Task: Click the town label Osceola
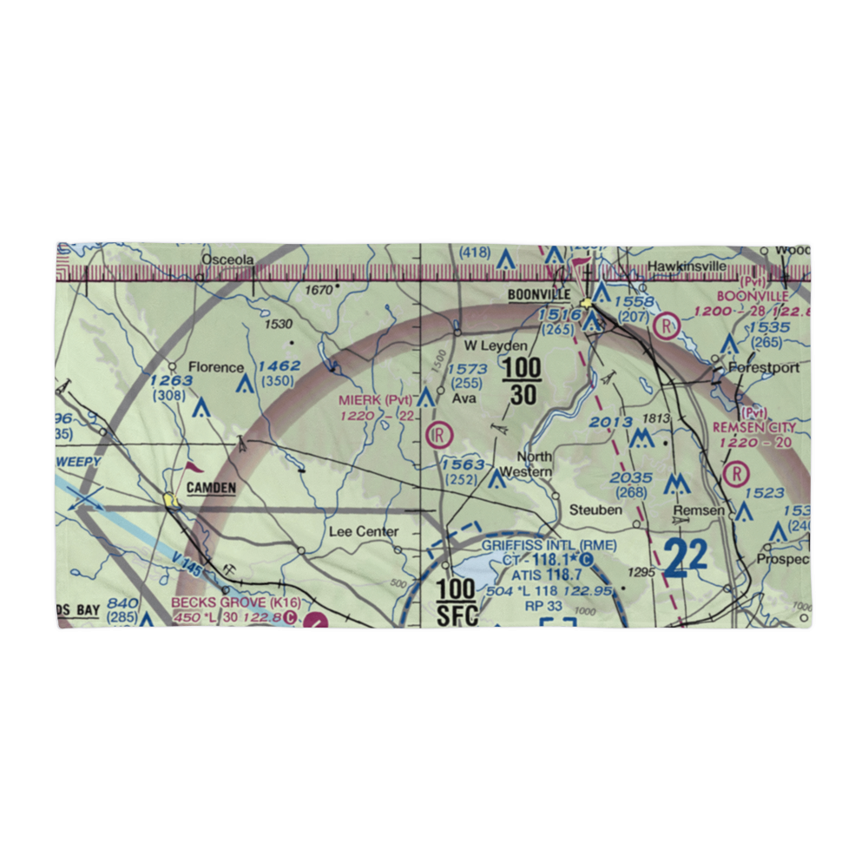(x=227, y=260)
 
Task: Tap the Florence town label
(x=216, y=367)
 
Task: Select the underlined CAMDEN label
(x=210, y=488)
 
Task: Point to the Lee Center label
(x=364, y=531)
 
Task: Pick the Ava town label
(x=460, y=400)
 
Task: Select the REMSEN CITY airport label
(x=753, y=428)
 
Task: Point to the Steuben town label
(x=595, y=510)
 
